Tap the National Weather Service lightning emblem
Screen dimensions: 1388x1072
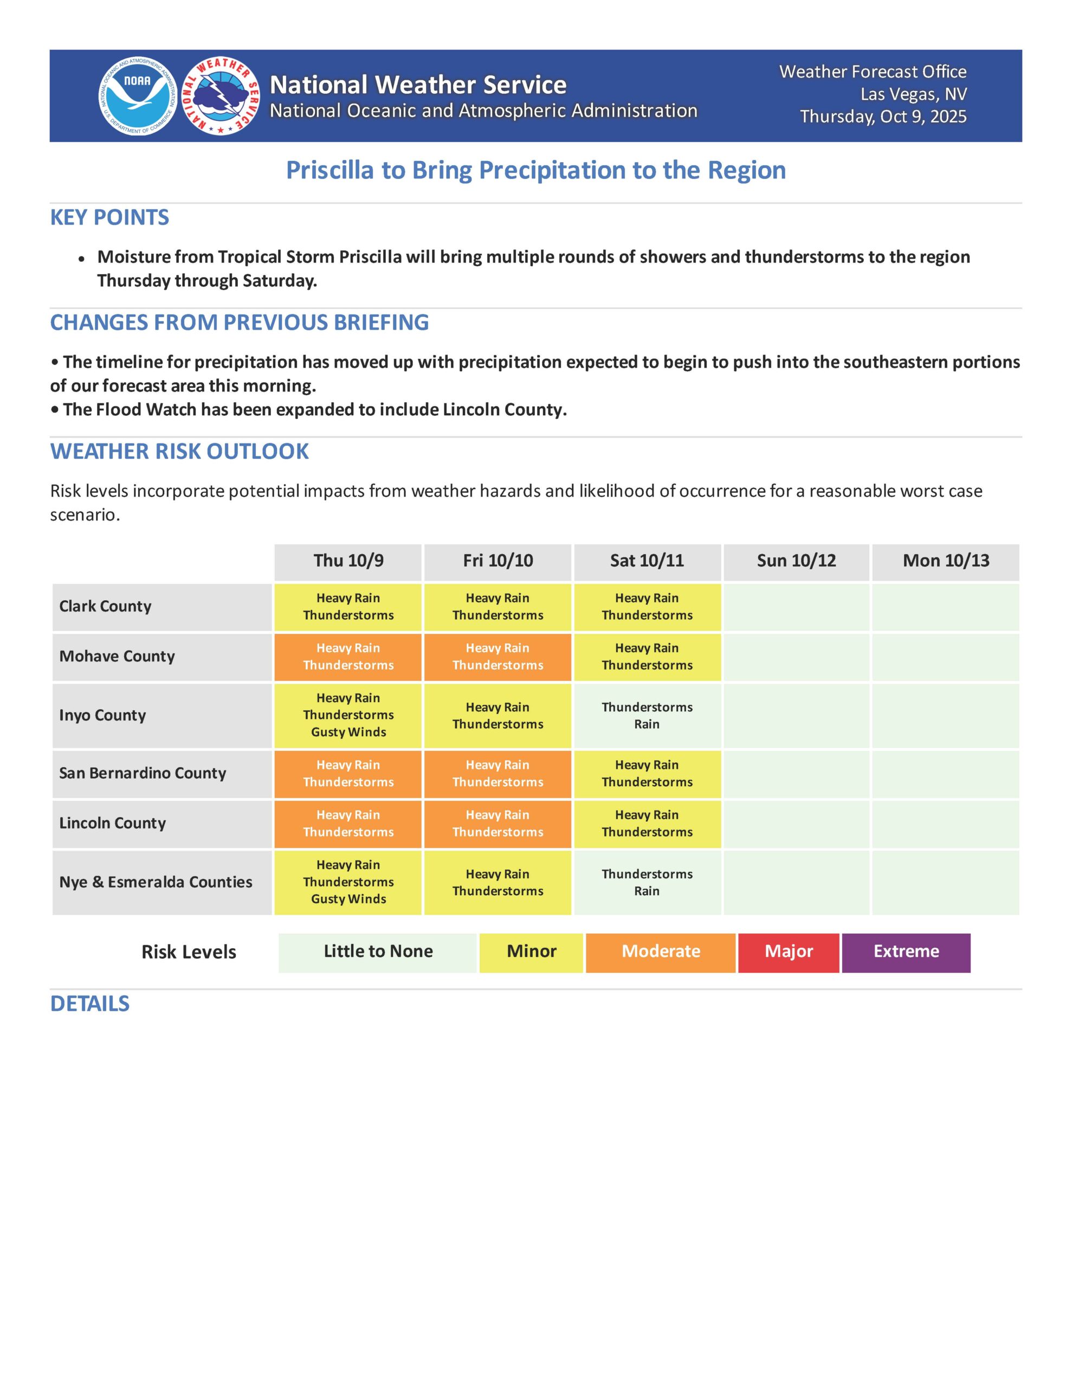click(x=221, y=96)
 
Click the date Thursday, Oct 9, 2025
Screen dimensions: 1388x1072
click(x=883, y=117)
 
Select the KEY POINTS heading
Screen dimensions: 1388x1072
click(x=109, y=217)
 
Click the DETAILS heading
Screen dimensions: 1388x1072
click(x=89, y=1004)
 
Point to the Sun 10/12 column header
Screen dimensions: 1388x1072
click(x=796, y=561)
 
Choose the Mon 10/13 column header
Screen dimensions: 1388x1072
click(x=946, y=561)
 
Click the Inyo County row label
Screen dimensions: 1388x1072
click(x=102, y=715)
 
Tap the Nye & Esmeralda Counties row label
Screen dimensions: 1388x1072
click(x=156, y=882)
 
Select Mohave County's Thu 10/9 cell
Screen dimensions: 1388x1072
click(x=348, y=657)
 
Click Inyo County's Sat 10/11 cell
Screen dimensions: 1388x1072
click(x=647, y=716)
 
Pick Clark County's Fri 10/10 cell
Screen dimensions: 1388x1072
click(x=498, y=607)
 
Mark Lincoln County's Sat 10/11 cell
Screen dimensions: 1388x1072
click(x=647, y=824)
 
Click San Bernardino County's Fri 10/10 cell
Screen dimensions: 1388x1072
click(x=498, y=774)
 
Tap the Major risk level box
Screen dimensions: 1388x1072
click(x=788, y=952)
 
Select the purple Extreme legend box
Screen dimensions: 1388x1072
click(x=906, y=952)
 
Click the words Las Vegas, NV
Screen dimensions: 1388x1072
click(x=913, y=94)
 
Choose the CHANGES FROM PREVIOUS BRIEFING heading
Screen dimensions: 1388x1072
click(x=239, y=322)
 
